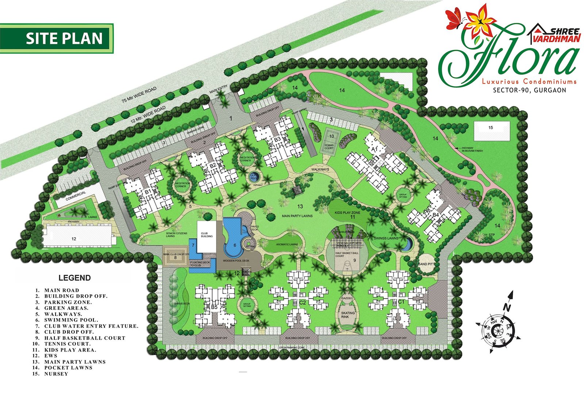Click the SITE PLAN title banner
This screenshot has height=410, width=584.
point(57,38)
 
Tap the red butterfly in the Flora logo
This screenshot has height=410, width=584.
point(453,19)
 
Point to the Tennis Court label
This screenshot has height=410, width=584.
point(329,146)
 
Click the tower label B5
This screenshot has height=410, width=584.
point(214,307)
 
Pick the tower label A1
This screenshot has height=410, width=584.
point(374,149)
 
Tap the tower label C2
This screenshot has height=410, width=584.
point(302,303)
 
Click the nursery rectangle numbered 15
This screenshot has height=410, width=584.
point(491,130)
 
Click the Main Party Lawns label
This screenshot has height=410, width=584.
point(297,216)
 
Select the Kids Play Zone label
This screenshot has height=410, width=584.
point(347,212)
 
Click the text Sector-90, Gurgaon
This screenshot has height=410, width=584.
point(529,90)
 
